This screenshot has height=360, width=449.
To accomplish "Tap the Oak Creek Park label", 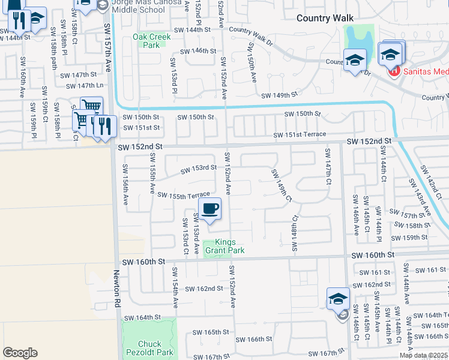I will click(151, 41).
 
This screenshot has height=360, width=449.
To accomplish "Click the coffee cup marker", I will click(209, 209).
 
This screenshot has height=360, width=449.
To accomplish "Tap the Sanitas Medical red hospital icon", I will click(394, 72).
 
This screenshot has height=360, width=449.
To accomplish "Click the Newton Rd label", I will click(118, 287).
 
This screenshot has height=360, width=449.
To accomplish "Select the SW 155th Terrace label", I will click(184, 195).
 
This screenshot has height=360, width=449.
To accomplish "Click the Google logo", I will click(20, 353).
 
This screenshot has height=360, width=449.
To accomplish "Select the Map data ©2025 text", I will click(424, 355).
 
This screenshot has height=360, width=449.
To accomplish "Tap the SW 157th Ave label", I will click(108, 48).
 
